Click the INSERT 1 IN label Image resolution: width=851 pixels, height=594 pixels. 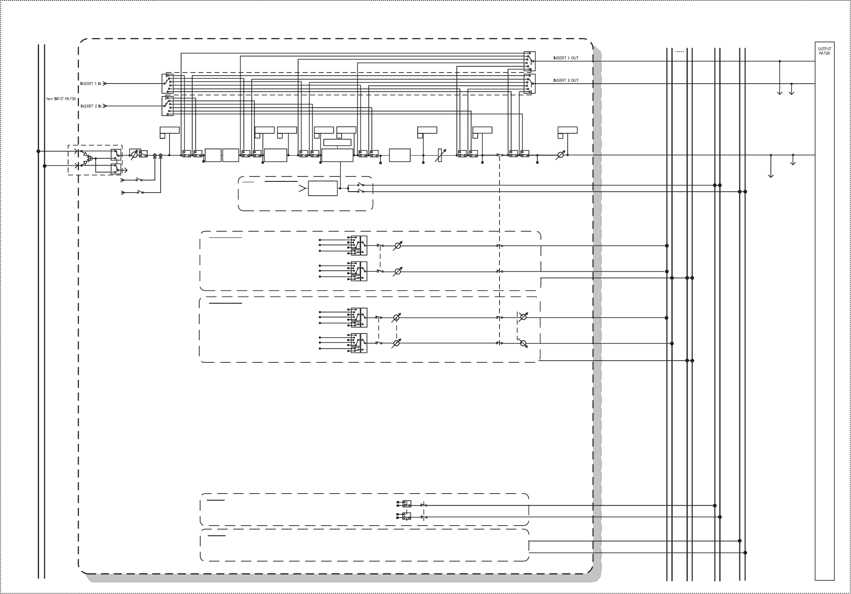click(91, 84)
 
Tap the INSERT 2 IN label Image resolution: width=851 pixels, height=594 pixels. click(91, 106)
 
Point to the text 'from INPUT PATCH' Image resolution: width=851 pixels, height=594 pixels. click(61, 99)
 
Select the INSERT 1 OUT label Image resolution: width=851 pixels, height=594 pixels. click(566, 58)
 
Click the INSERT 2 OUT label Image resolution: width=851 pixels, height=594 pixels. click(566, 80)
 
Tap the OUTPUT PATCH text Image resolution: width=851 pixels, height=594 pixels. click(824, 51)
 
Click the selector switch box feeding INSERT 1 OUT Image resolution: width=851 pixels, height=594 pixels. click(529, 61)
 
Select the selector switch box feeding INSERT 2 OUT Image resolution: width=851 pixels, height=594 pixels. click(529, 84)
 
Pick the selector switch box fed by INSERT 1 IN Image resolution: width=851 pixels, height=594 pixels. click(167, 84)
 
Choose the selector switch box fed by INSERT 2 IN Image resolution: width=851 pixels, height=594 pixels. click(167, 106)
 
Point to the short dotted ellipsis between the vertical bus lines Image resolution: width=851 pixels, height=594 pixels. click(679, 52)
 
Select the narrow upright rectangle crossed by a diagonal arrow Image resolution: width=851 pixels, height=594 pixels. click(440, 155)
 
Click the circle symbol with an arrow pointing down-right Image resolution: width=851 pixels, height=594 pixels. click(523, 343)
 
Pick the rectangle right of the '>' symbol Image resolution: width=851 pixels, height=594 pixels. click(323, 189)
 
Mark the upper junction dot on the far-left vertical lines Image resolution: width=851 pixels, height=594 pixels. click(39, 151)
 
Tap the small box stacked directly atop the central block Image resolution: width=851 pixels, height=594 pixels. click(337, 143)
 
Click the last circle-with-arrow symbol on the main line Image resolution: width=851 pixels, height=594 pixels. click(561, 155)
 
